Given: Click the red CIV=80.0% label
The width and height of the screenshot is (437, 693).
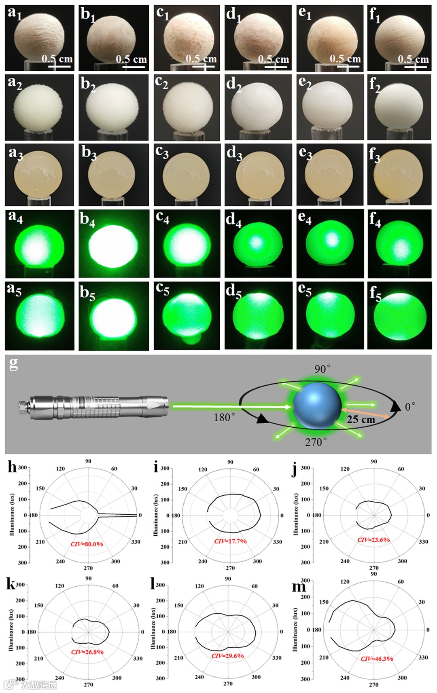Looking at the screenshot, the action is [87, 544].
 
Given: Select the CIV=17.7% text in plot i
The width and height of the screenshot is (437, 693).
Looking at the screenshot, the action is [230, 541].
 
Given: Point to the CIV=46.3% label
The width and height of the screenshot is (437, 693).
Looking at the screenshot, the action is [377, 659].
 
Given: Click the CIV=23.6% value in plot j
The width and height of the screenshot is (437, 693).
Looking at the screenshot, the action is [373, 539].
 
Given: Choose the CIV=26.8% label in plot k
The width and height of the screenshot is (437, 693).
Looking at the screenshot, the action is [87, 652].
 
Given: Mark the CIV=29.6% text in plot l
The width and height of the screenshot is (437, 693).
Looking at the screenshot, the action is [227, 656].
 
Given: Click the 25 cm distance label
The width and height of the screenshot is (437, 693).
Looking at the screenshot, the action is [361, 419].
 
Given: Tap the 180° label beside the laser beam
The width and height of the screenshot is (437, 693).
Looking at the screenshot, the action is [224, 417].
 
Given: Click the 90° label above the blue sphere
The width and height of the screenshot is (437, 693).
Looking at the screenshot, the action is [322, 369].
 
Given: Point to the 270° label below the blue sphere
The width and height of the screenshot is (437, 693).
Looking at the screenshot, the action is [316, 442].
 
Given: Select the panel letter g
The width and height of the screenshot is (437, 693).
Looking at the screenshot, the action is [13, 363].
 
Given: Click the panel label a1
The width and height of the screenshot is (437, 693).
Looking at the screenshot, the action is [15, 13].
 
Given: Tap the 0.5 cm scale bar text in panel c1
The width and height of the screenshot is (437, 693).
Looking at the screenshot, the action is [201, 59].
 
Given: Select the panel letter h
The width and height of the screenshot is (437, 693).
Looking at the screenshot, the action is [12, 467].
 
